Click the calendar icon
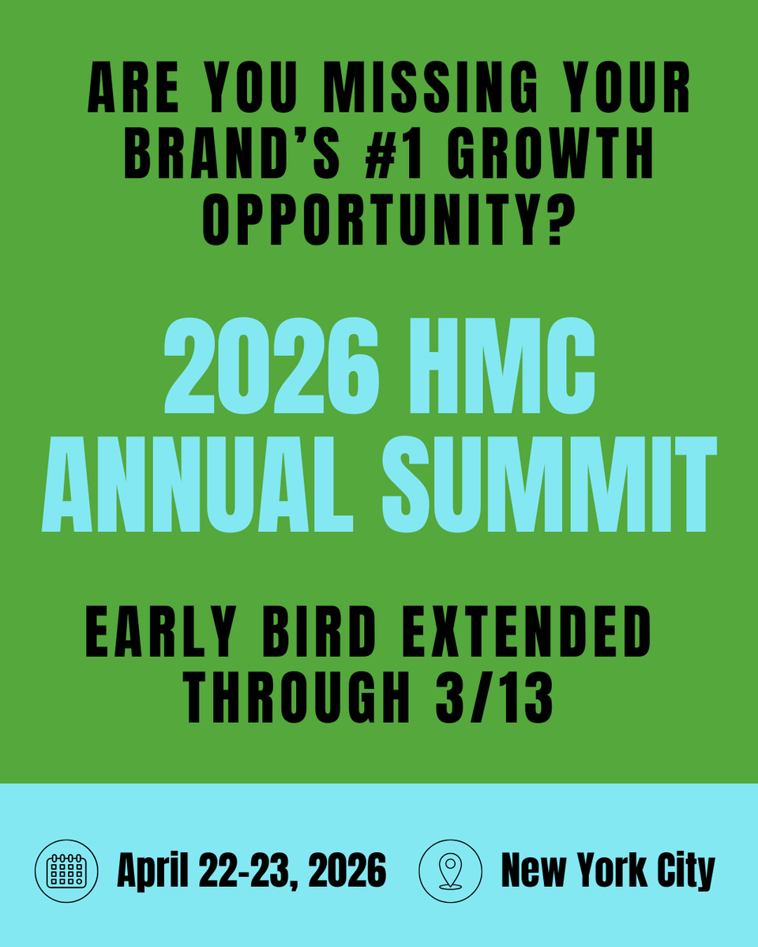(67, 871)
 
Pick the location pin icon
(449, 871)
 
